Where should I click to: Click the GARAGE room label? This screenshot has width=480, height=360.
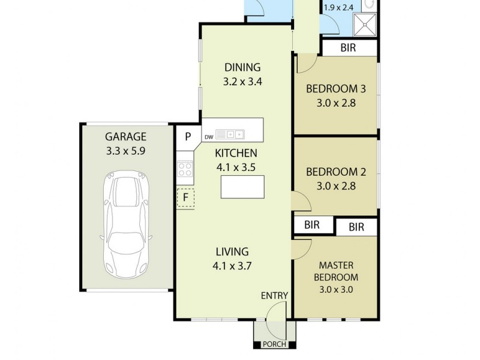[x=126, y=137]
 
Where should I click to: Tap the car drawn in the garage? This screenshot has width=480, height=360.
[x=127, y=221]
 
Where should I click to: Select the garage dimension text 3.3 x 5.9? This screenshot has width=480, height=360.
[x=126, y=151]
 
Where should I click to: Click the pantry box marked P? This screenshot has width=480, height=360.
[x=188, y=136]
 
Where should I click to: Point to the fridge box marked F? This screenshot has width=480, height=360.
[x=186, y=197]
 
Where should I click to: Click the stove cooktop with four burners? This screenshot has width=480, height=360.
[x=185, y=169]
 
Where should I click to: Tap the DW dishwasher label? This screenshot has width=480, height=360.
[x=209, y=137]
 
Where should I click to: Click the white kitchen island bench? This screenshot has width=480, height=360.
[x=242, y=187]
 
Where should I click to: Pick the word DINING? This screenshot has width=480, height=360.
[x=242, y=67]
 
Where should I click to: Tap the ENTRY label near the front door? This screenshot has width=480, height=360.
[x=274, y=295]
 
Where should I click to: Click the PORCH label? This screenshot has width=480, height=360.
[x=275, y=344]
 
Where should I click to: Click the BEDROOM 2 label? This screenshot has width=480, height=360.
[x=336, y=172]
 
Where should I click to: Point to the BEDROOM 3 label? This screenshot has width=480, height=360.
[x=336, y=89]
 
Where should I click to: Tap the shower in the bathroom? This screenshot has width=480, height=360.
[x=365, y=24]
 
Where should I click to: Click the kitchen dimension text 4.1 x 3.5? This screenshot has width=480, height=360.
[x=238, y=167]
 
